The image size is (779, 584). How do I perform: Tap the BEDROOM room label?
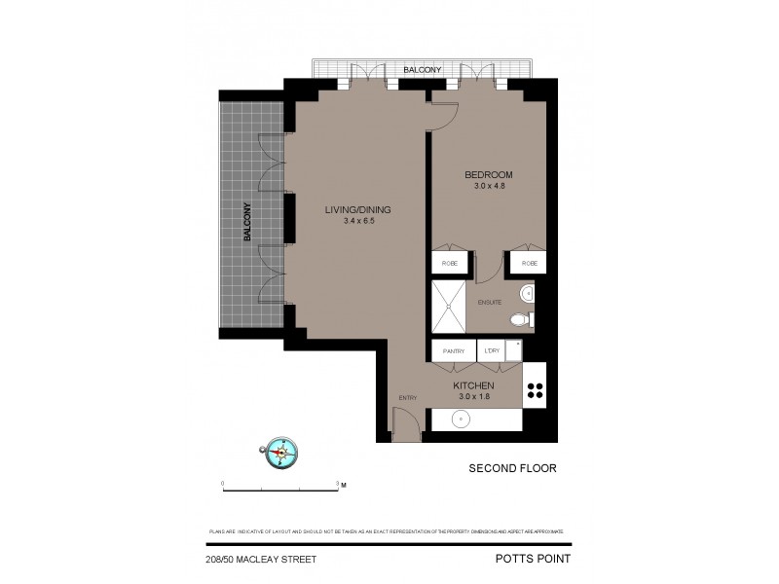pos(488,175)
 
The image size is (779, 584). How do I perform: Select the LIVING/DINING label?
pos(359,209)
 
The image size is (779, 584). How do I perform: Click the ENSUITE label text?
pos(489,302)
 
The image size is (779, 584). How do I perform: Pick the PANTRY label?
pos(453,350)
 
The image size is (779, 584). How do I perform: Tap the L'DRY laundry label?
pos(492,350)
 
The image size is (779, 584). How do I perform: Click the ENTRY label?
pos(408,397)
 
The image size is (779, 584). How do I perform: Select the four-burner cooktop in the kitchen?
pos(535,390)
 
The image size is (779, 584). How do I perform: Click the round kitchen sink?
pos(462,420)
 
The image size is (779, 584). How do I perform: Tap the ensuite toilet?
pos(520,318)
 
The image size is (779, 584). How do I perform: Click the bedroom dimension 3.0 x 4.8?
pos(488,187)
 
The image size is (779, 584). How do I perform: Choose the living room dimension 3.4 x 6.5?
pos(359,221)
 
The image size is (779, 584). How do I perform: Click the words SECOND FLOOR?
pos(513,468)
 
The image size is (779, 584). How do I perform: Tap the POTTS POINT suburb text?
pos(531,558)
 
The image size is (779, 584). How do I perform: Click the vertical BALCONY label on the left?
pos(248,222)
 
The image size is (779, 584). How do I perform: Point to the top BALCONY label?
pos(424,70)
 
